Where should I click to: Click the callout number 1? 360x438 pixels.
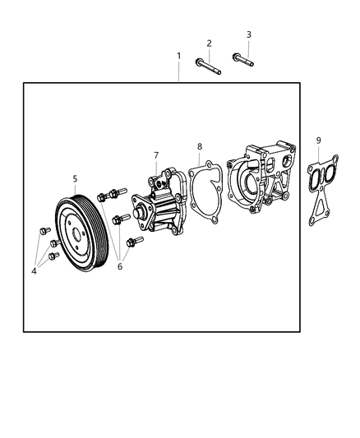pos(178,56)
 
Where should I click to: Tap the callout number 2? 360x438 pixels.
pos(209,43)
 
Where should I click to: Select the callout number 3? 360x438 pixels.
pos(249,35)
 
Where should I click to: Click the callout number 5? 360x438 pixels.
pos(75,178)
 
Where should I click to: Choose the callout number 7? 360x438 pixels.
pos(155,154)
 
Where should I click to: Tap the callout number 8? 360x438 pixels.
pos(199,146)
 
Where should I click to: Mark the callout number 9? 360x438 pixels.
pos(318,141)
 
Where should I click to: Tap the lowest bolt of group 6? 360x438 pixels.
pos(134,242)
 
